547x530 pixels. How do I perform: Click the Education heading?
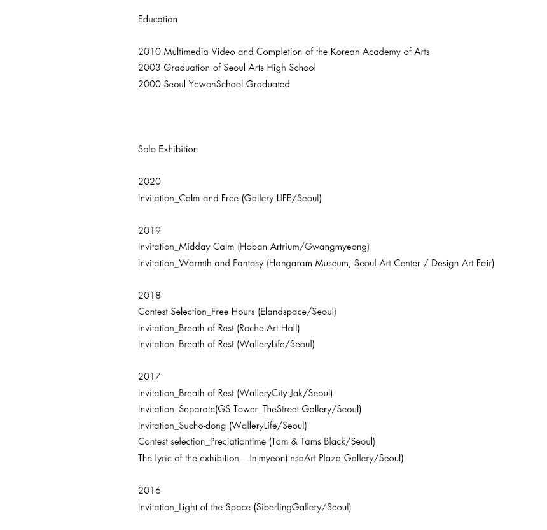point(157,19)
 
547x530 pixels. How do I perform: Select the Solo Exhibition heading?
point(168,149)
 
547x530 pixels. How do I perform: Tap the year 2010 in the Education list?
point(149,52)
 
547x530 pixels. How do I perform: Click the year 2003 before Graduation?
point(149,68)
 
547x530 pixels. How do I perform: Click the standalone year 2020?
point(149,182)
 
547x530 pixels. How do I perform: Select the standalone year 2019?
point(149,231)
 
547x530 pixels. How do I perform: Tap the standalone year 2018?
point(149,296)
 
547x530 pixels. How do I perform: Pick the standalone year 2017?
point(149,376)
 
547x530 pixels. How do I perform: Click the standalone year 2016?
point(149,491)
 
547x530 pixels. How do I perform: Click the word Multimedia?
point(186,52)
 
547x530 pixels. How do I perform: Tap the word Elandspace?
point(284,312)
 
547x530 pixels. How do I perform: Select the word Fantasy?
point(248,263)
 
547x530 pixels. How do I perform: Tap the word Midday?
point(196,247)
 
